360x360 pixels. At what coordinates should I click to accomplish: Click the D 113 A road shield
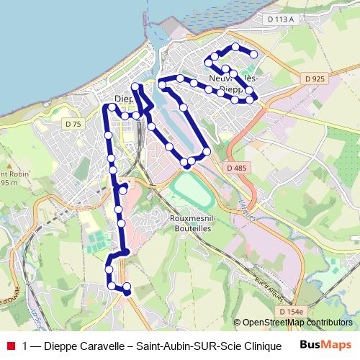[x=280, y=19]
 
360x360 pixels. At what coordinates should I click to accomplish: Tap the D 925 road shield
[x=314, y=78]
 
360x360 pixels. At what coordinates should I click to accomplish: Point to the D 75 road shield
[x=73, y=124]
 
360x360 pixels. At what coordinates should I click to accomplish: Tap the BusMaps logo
[x=325, y=346]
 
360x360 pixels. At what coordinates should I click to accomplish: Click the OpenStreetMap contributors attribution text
[x=297, y=323]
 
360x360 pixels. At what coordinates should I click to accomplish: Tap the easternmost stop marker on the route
[x=253, y=55]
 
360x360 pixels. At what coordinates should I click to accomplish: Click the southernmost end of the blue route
[x=127, y=293]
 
